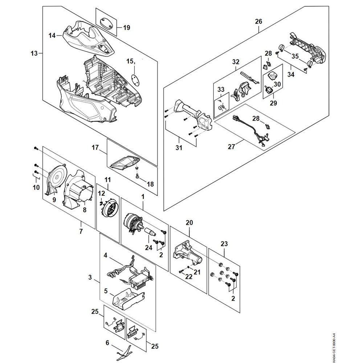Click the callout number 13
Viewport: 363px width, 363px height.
coord(34,53)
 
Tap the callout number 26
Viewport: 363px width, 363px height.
coord(258,21)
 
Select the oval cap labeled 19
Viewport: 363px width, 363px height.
coord(106,23)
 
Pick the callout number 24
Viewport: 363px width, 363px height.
coord(148,248)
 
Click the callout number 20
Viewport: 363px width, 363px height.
coord(189,223)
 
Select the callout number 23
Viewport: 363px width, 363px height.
coord(224,244)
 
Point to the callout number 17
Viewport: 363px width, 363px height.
coord(95,147)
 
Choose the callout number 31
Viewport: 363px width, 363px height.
coord(179,147)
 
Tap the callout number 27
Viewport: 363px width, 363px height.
coord(231,147)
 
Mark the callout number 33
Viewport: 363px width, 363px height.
coord(221,89)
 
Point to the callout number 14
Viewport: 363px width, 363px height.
coord(52,36)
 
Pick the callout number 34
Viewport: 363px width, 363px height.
coord(291,74)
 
